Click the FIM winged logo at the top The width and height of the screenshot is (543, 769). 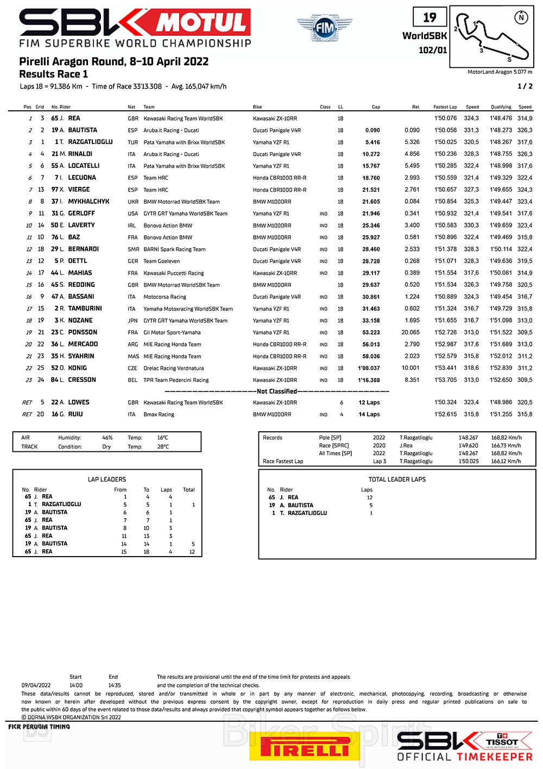click(324, 27)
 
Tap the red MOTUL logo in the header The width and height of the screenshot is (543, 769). click(202, 23)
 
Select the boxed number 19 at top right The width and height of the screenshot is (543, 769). click(430, 17)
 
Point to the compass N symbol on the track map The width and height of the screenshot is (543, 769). click(521, 17)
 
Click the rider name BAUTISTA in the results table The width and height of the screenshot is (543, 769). click(83, 130)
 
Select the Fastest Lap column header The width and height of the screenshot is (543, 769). click(445, 107)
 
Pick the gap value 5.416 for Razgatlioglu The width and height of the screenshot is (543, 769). click(372, 142)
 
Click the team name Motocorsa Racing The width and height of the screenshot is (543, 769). click(165, 297)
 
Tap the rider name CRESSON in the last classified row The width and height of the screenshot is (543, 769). click(82, 380)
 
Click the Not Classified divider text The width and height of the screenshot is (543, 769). click(277, 391)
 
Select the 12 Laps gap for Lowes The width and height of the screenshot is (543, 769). click(369, 403)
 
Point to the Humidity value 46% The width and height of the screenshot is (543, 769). click(107, 438)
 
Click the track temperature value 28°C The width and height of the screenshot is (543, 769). click(163, 447)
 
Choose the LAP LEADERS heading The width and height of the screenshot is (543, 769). click(107, 480)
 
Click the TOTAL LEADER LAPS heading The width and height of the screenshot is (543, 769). click(397, 480)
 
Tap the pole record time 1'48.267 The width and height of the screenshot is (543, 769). click(468, 438)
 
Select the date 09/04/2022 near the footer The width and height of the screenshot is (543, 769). click(36, 685)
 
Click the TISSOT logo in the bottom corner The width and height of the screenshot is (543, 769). click(503, 741)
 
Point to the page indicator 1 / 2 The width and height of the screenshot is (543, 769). click(525, 86)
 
